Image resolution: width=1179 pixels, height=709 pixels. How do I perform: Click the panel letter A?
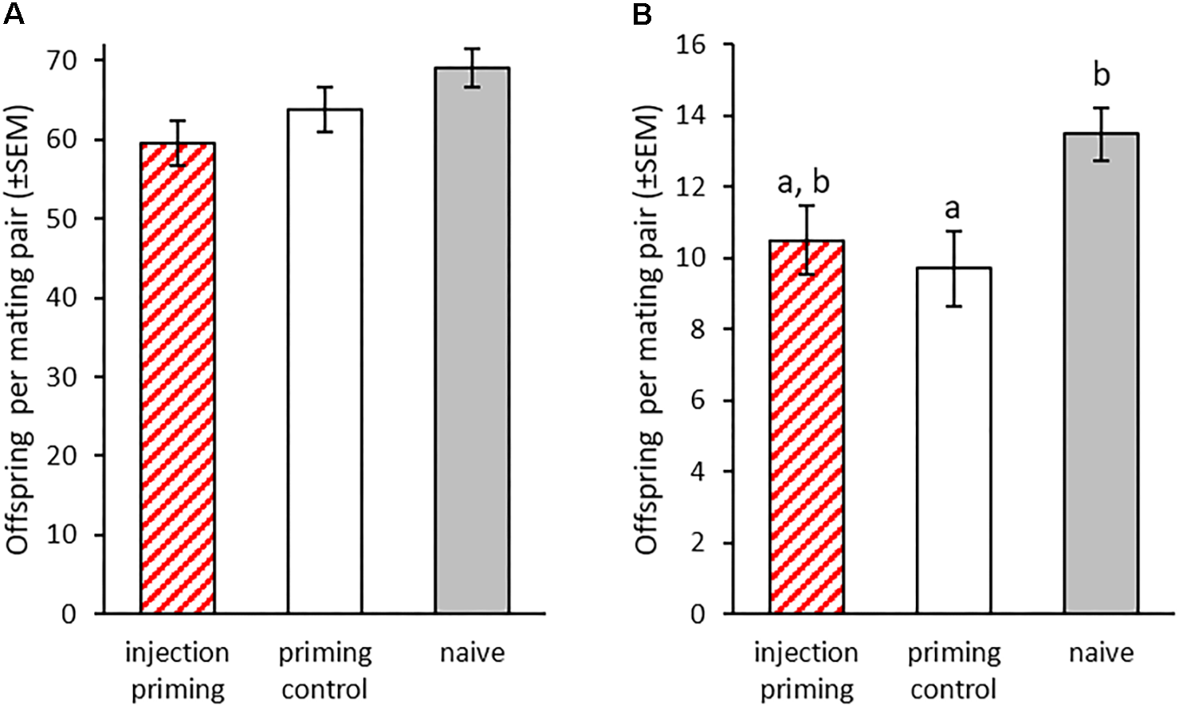tap(14, 14)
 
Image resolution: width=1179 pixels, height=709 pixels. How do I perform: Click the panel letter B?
tap(642, 14)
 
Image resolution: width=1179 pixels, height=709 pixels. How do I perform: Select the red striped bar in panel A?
tap(177, 378)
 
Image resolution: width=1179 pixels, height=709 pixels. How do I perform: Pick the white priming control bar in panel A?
tap(324, 362)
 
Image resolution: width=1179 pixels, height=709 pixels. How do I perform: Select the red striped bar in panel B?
tap(806, 427)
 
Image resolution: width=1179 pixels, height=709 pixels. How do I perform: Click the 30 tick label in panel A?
tap(62, 377)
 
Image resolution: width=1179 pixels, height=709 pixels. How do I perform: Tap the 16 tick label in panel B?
tap(690, 45)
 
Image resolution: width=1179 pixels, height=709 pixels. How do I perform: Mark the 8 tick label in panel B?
tap(698, 330)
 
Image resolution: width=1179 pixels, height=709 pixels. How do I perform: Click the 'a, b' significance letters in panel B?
tap(803, 182)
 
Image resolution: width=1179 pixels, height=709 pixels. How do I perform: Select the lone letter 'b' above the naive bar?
tap(1101, 75)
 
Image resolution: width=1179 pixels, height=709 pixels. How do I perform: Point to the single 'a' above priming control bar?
tap(953, 209)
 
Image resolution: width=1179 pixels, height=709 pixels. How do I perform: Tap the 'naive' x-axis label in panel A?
tap(472, 653)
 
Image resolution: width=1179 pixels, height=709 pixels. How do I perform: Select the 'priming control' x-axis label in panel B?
tap(953, 670)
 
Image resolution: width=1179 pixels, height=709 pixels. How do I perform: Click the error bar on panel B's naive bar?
tap(1101, 133)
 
